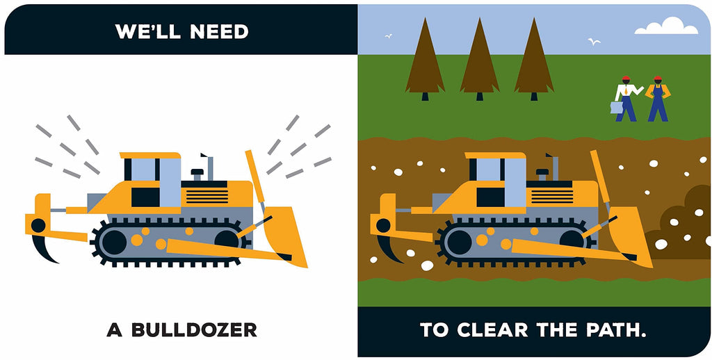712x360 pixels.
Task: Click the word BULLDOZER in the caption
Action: tap(195, 329)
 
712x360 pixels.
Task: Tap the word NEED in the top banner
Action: tap(219, 32)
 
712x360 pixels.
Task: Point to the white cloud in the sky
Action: tap(667, 26)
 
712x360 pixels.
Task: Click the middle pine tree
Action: tap(480, 58)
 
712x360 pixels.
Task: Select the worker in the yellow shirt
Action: tap(658, 99)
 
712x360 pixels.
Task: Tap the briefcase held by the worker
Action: tap(617, 108)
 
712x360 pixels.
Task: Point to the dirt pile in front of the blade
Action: tap(679, 224)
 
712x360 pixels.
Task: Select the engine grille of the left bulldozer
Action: tap(207, 196)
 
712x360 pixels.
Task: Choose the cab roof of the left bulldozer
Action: tap(150, 155)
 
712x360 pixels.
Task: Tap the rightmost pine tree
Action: tap(534, 58)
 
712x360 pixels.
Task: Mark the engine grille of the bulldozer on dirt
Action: tap(552, 196)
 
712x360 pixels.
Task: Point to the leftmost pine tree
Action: tap(425, 58)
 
